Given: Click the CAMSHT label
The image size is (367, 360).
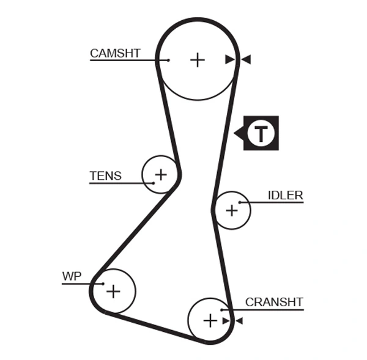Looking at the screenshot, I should pyautogui.click(x=115, y=53).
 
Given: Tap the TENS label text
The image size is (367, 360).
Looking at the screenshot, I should pyautogui.click(x=105, y=176).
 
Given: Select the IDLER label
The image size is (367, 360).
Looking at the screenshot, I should pyautogui.click(x=285, y=196).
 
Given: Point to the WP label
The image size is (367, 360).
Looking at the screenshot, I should pyautogui.click(x=72, y=276).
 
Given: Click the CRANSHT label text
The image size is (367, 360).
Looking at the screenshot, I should pyautogui.click(x=274, y=302).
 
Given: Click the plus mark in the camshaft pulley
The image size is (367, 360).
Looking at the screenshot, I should pyautogui.click(x=197, y=59).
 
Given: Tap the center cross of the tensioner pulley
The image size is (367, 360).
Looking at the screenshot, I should pyautogui.click(x=160, y=175).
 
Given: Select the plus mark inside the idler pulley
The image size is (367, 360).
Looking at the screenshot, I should pyautogui.click(x=231, y=211).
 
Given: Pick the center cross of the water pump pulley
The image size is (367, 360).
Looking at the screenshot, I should pyautogui.click(x=113, y=292).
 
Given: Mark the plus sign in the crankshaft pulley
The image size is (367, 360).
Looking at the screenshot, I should pyautogui.click(x=210, y=320).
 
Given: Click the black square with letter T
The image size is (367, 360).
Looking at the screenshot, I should pyautogui.click(x=261, y=133).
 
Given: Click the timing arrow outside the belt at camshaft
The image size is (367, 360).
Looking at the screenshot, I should pyautogui.click(x=246, y=59).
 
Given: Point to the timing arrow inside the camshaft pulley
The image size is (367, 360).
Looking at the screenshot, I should pyautogui.click(x=229, y=59).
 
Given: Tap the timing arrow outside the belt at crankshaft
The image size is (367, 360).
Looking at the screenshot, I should pyautogui.click(x=239, y=320).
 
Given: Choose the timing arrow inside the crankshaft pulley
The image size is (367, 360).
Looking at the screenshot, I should pyautogui.click(x=225, y=320).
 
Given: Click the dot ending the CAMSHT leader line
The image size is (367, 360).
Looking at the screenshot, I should pyautogui.click(x=168, y=60).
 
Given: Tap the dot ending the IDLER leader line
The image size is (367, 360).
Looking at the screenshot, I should pyautogui.click(x=240, y=202).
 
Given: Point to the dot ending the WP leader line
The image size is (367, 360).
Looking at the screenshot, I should pyautogui.click(x=103, y=284).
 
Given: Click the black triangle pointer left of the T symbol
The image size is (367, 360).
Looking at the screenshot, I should pyautogui.click(x=238, y=133).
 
